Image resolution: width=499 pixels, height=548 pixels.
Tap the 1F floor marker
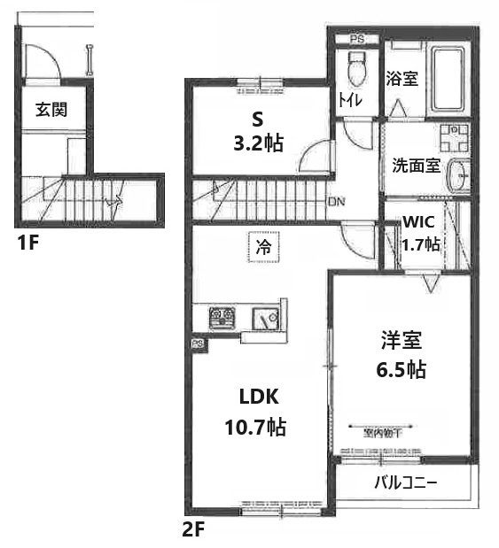(x=27, y=243)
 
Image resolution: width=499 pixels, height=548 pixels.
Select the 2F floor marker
(x=194, y=533)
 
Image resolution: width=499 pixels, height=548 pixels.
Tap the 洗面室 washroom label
(x=416, y=166)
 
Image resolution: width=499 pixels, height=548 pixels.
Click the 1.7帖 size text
(x=420, y=244)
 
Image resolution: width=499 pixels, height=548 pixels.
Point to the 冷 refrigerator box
(x=263, y=249)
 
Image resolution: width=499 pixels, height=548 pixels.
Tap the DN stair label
(x=336, y=202)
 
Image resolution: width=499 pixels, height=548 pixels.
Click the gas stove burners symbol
(x=221, y=317)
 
